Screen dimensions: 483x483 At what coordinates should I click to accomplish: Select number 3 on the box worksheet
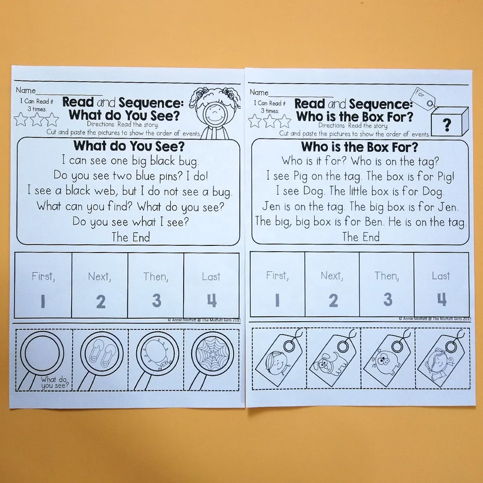click(x=387, y=299)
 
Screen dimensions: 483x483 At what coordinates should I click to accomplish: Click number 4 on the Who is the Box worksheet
click(x=441, y=299)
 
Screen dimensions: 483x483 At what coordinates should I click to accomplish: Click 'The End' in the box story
click(x=361, y=237)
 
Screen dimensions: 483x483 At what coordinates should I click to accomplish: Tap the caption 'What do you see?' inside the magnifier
click(x=55, y=383)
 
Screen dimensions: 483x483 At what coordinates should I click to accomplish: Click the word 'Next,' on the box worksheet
click(x=331, y=276)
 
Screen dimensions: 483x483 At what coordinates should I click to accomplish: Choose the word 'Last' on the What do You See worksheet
click(x=211, y=277)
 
